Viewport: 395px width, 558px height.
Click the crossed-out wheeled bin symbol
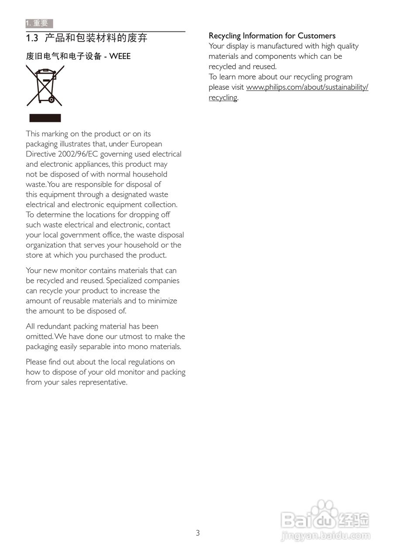point(45,85)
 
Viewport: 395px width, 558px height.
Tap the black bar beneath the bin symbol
point(45,118)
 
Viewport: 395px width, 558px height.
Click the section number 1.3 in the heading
point(32,38)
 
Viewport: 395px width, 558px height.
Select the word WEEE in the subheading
point(120,56)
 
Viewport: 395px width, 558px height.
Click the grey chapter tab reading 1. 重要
point(39,24)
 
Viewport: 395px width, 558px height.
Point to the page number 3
point(198,533)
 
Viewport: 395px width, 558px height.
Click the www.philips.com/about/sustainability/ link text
point(307,87)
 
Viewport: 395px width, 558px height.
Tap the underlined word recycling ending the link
point(223,98)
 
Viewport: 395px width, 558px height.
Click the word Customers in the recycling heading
point(316,36)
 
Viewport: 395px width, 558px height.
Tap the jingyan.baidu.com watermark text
point(326,536)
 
